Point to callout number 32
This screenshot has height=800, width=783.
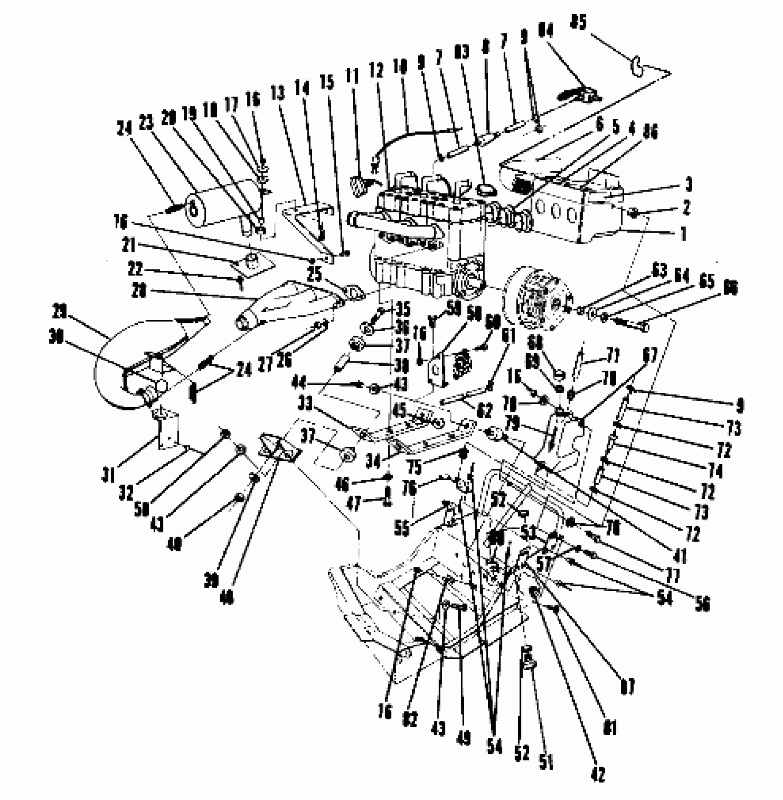click(126, 493)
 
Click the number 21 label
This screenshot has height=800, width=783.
click(129, 245)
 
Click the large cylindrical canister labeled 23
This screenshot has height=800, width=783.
click(226, 205)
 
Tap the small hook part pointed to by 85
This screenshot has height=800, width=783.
click(637, 67)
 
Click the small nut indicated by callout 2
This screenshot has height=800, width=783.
click(634, 212)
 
